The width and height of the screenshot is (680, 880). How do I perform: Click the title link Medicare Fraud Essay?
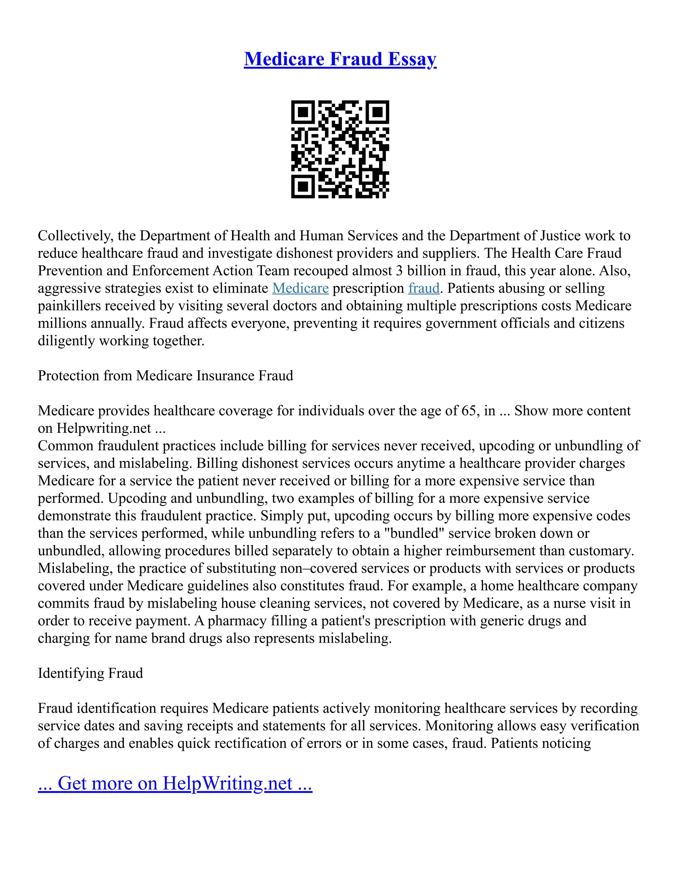[340, 59]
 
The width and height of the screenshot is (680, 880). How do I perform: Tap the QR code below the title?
[340, 149]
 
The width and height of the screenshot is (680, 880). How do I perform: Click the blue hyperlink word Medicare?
[300, 289]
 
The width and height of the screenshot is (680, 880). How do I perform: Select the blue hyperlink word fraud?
[424, 289]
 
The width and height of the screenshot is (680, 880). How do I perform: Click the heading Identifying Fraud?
[90, 673]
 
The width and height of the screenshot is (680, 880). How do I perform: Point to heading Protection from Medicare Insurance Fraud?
[165, 376]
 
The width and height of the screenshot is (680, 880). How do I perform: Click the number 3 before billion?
[399, 271]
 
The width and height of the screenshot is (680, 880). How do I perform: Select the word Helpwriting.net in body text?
[104, 428]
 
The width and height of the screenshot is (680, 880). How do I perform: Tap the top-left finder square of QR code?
[302, 111]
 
